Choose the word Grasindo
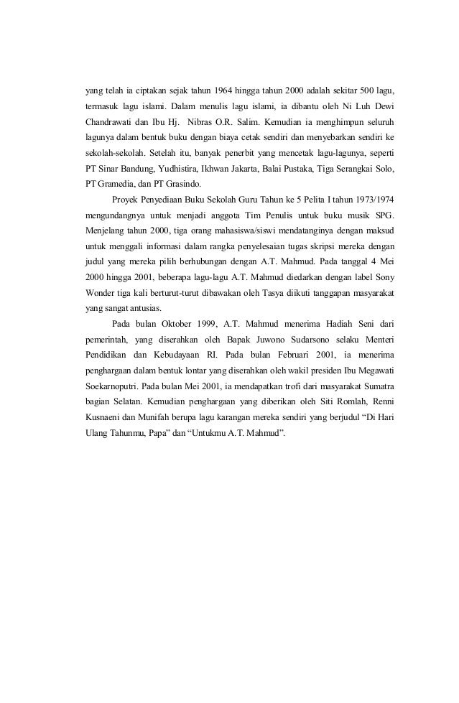click(189, 183)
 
